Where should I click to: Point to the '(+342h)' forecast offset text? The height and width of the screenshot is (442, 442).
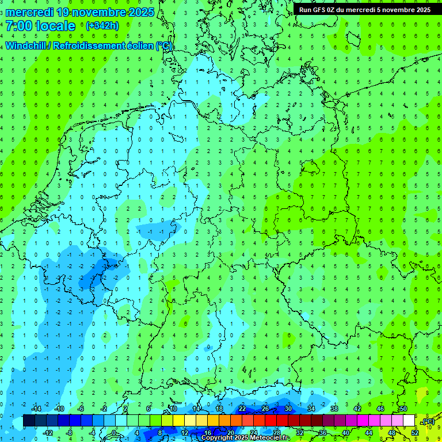102,26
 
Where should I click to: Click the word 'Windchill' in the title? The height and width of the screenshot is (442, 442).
26,45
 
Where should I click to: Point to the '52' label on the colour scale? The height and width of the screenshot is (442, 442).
415,433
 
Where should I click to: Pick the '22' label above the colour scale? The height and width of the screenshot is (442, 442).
242,409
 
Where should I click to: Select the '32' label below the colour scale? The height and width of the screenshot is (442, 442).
300,433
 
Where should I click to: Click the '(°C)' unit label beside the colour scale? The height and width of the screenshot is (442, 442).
428,421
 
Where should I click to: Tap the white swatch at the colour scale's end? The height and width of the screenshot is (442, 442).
409,421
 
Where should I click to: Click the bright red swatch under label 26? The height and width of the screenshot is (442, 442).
270,421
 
